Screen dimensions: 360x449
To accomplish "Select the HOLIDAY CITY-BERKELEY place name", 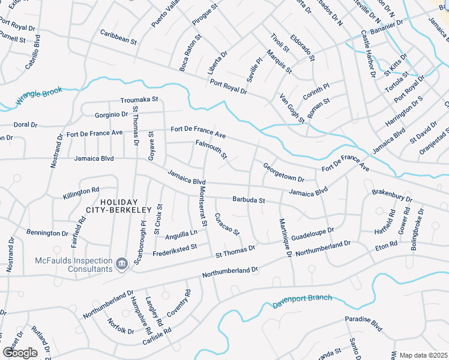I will coord(119,206).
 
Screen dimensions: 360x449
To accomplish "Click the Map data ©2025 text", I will coord(423,355).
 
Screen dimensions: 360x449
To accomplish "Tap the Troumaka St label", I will coord(139,99).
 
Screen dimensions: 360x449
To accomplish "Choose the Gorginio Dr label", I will coord(112,114).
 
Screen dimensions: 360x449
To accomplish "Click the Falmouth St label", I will coord(211,149).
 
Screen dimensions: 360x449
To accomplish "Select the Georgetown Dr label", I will coord(283,172).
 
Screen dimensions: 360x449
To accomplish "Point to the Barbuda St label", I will coord(249,200).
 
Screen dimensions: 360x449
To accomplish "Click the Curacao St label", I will coord(228,224).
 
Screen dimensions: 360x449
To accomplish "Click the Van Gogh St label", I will coord(292,108).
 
